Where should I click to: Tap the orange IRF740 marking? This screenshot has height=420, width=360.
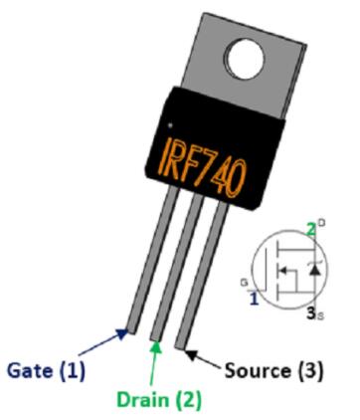[x=203, y=165]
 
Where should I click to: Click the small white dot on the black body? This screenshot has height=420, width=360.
[x=170, y=125]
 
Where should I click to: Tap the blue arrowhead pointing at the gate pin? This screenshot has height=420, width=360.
[x=122, y=333]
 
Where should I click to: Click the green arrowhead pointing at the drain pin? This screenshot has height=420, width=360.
[x=156, y=346]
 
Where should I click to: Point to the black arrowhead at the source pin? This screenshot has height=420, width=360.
[x=192, y=354]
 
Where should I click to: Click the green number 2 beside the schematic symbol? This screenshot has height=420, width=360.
[x=310, y=230]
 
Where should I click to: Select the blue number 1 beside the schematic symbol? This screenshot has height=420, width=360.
[x=254, y=299]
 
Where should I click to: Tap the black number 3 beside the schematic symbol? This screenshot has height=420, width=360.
[x=311, y=314]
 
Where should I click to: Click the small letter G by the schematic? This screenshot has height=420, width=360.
[x=245, y=283]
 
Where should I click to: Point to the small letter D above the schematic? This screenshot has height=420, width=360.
[x=321, y=222]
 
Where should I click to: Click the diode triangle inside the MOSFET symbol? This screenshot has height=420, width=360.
[x=315, y=271]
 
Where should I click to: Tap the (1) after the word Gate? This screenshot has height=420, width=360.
[x=73, y=370]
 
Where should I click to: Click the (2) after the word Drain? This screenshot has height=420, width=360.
[x=188, y=400]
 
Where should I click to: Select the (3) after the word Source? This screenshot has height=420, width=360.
[x=309, y=370]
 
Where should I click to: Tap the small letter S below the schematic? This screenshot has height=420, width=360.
[x=320, y=315]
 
